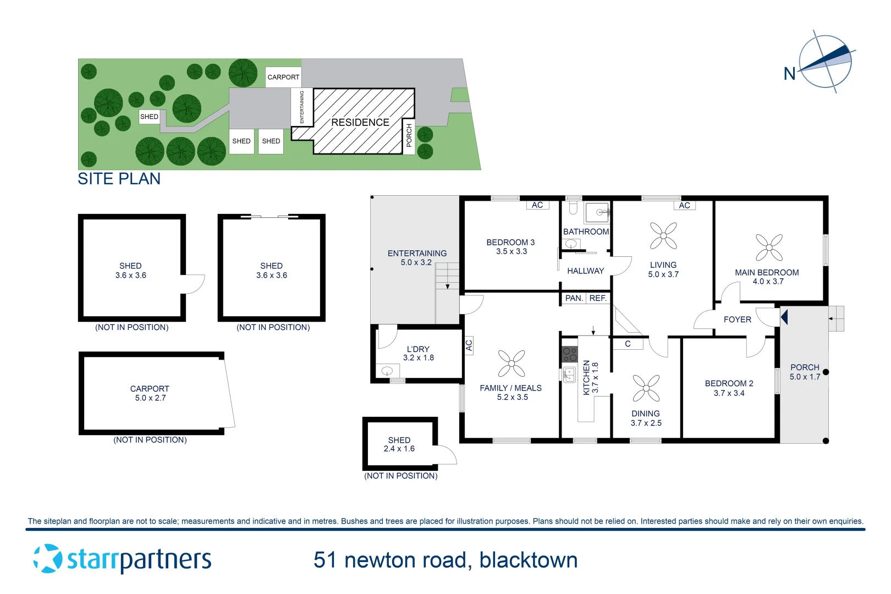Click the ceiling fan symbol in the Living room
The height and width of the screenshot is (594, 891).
(x=663, y=236)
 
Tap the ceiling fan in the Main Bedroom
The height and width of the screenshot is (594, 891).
(x=769, y=248)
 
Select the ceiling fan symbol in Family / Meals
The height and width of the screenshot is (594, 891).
(x=512, y=364)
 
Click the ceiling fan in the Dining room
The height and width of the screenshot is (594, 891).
(x=646, y=388)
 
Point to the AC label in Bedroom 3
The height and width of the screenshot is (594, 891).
(x=537, y=205)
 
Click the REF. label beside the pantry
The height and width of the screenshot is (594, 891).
(x=598, y=298)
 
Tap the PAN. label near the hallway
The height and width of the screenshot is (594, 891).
(x=574, y=298)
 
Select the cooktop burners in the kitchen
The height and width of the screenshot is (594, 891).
(x=570, y=354)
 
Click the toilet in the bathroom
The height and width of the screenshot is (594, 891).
(x=574, y=207)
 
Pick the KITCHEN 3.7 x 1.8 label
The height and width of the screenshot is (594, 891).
(x=590, y=377)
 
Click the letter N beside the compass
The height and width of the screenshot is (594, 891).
(x=789, y=74)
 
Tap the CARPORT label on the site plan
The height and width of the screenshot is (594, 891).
(x=283, y=77)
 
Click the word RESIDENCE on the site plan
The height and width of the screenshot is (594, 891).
(x=360, y=122)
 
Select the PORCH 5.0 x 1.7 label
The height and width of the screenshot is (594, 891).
(x=805, y=372)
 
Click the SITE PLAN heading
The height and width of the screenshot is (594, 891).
(x=119, y=179)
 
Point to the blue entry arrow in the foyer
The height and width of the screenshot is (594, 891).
(x=784, y=317)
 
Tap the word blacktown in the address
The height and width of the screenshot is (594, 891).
(x=528, y=560)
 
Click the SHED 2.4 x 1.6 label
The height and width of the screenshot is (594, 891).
(x=399, y=444)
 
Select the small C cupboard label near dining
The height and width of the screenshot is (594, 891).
(x=628, y=344)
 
